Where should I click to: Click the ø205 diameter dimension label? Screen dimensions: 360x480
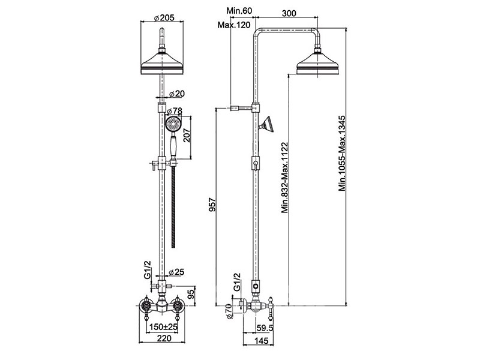163,17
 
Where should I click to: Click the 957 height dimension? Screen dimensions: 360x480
212,206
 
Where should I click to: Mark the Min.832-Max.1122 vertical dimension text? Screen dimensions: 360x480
285,178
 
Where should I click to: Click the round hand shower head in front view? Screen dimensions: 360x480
173,124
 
